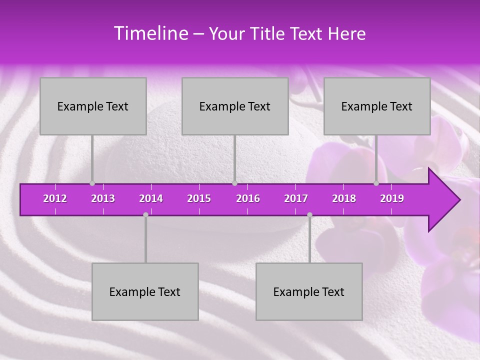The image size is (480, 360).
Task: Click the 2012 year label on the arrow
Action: tap(55, 198)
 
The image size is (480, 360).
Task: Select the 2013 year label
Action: tap(103, 198)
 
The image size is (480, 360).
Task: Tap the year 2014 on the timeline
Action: tap(151, 198)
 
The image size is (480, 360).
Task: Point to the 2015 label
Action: tap(199, 198)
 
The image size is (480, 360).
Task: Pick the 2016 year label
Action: tap(248, 198)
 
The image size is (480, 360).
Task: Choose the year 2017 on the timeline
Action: tap(296, 198)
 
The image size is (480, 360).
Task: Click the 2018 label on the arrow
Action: tap(344, 198)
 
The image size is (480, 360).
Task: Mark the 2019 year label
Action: tap(392, 198)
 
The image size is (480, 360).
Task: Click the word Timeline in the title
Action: tap(150, 33)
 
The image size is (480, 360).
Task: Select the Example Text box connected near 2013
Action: tap(93, 106)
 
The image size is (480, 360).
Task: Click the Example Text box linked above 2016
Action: tap(235, 106)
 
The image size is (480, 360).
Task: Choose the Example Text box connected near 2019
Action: tap(377, 106)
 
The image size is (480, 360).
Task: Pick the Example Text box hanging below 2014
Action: tap(145, 292)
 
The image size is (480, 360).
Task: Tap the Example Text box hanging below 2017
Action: tap(309, 292)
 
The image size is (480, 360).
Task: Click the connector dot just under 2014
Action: tap(145, 214)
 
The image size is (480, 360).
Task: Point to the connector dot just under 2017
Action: tap(309, 214)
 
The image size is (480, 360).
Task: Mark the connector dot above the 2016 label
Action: tap(234, 183)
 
